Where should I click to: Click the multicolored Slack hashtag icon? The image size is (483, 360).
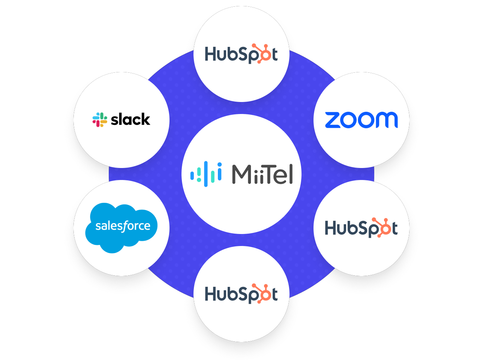(x=100, y=120)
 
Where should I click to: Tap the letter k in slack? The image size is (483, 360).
(x=145, y=120)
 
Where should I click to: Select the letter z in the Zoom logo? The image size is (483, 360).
(x=333, y=120)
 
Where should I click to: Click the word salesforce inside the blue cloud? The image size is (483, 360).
(x=123, y=226)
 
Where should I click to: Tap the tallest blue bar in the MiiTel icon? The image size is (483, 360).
(x=205, y=174)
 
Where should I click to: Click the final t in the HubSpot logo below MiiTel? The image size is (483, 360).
(x=275, y=294)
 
